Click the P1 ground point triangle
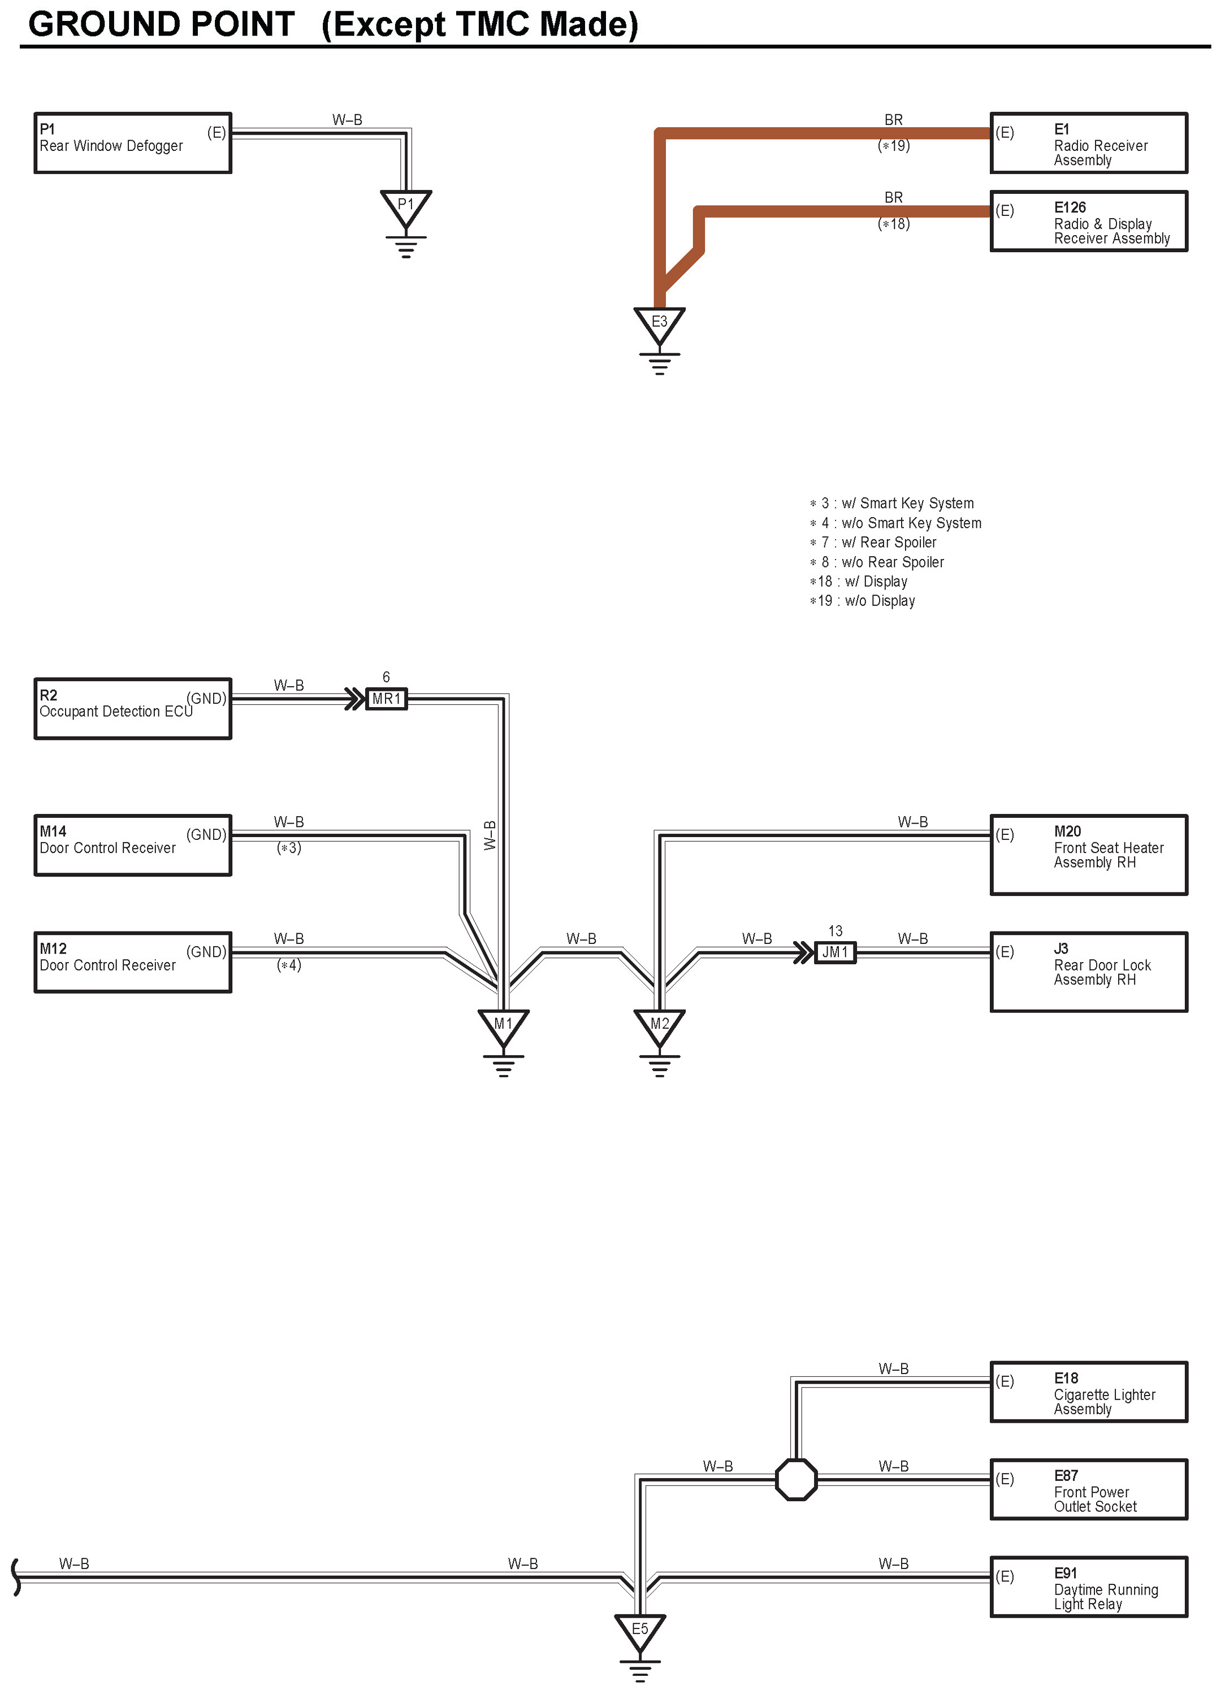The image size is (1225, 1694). coord(405,207)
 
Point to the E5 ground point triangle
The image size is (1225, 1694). coord(639,1631)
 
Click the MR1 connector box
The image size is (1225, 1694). coord(386,699)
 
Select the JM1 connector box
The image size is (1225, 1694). coord(834,952)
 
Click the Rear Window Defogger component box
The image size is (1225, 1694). coord(133,144)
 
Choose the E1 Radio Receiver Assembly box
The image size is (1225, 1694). coord(1088,144)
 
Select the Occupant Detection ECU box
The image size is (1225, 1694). coord(133,709)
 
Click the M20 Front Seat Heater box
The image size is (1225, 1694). coord(1088,855)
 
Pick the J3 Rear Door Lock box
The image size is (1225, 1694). coord(1088,972)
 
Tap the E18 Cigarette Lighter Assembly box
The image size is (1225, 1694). coord(1088,1392)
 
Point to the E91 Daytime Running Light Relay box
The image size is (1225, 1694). coord(1088,1587)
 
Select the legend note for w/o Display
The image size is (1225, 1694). coord(862,600)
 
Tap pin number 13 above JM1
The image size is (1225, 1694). coord(835,930)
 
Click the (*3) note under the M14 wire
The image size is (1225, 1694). coord(289,848)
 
